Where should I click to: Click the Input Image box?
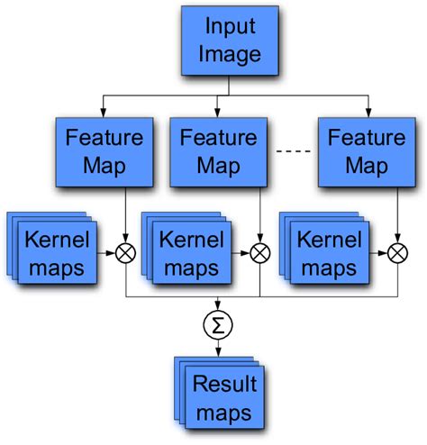[229, 41]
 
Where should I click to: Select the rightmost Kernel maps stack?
[326, 250]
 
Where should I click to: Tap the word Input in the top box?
[229, 27]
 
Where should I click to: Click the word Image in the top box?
[229, 53]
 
